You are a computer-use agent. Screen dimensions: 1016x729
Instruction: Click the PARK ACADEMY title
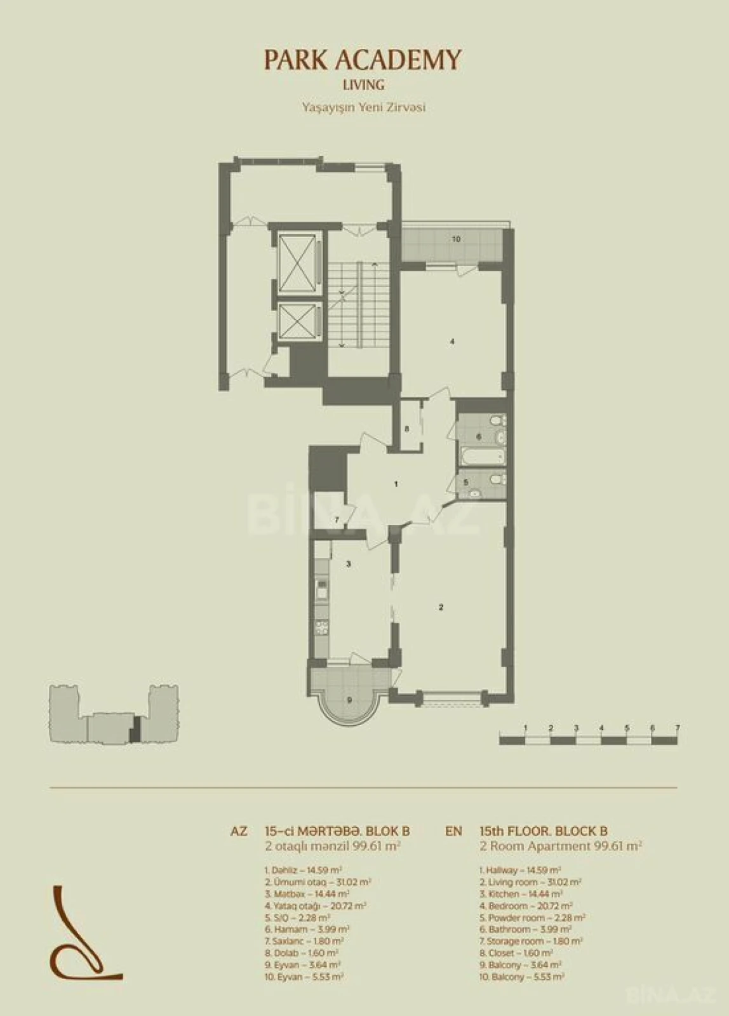(x=363, y=60)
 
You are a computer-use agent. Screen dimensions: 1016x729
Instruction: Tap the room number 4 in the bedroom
(x=452, y=342)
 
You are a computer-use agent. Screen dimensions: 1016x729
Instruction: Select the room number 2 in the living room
(x=441, y=608)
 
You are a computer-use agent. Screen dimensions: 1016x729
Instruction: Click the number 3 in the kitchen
(x=349, y=563)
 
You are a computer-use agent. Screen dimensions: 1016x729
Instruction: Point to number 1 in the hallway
(x=396, y=485)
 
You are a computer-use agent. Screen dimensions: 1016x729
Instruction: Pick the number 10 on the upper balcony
(x=456, y=239)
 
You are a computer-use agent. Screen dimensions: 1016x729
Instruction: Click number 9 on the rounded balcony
(x=349, y=700)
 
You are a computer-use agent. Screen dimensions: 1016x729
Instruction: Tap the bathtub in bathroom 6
(x=483, y=456)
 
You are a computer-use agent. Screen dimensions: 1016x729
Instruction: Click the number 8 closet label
(x=407, y=429)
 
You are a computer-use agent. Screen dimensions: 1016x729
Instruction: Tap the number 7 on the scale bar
(x=678, y=728)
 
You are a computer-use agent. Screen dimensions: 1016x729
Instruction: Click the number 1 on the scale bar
(x=526, y=728)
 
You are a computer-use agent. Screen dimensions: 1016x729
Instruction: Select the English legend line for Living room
(x=531, y=882)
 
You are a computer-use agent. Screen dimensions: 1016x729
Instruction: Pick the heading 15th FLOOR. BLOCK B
(x=544, y=831)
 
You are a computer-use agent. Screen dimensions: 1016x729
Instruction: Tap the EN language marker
(x=453, y=831)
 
